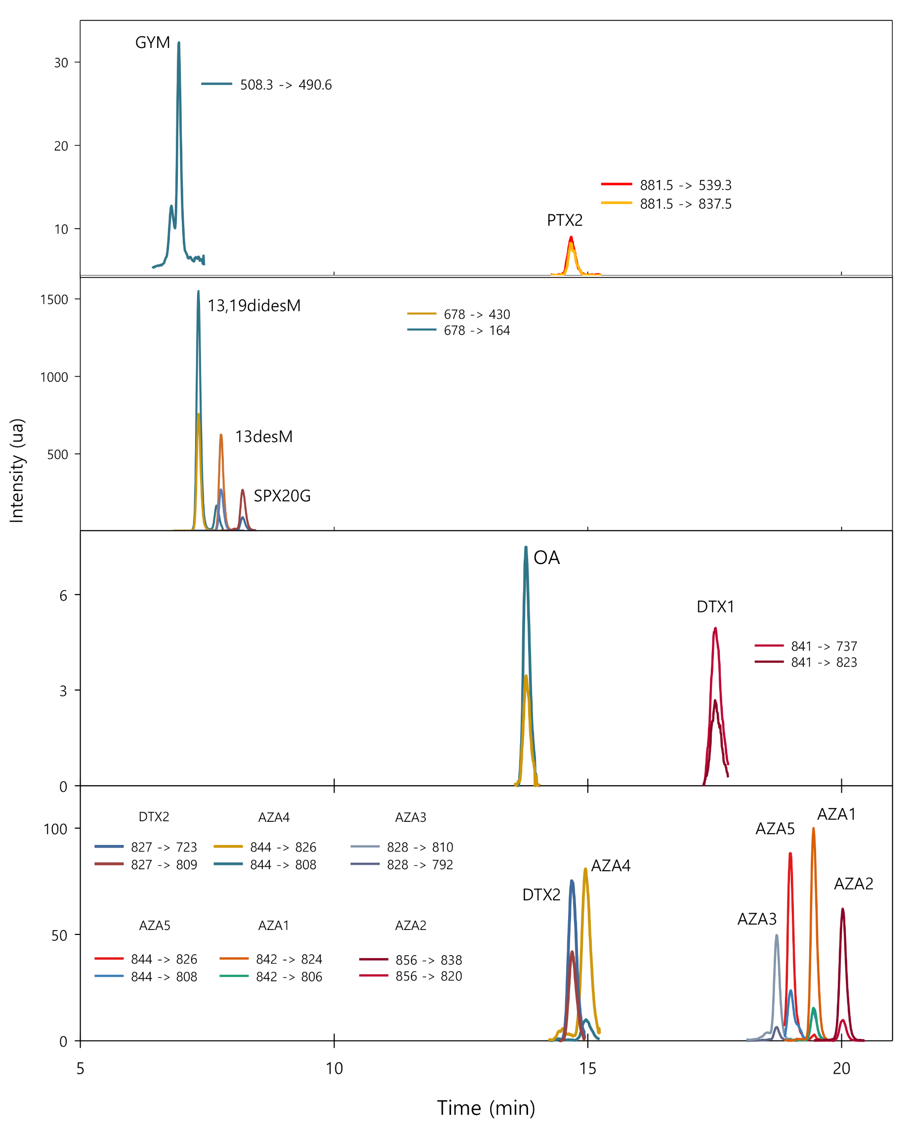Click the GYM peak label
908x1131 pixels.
click(x=152, y=42)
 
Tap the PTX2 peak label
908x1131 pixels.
click(x=565, y=220)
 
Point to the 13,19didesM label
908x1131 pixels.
click(x=254, y=306)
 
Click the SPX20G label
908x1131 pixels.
click(x=282, y=496)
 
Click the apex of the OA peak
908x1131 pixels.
click(x=526, y=548)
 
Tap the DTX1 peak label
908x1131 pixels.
click(x=715, y=607)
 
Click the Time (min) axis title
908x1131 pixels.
click(x=486, y=1108)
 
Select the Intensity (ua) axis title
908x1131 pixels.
click(x=17, y=471)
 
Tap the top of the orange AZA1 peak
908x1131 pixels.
click(x=814, y=829)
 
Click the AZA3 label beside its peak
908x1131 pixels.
click(x=756, y=919)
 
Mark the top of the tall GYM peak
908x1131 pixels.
click(x=179, y=43)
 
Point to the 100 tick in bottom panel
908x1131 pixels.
click(x=55, y=829)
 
